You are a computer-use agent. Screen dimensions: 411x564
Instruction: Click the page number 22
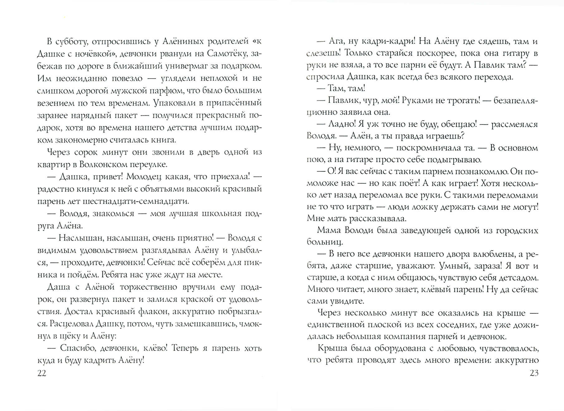[x=42, y=373]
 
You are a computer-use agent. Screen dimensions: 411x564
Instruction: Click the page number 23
[x=534, y=373]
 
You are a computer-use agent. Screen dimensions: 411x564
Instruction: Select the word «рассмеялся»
[x=514, y=124]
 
